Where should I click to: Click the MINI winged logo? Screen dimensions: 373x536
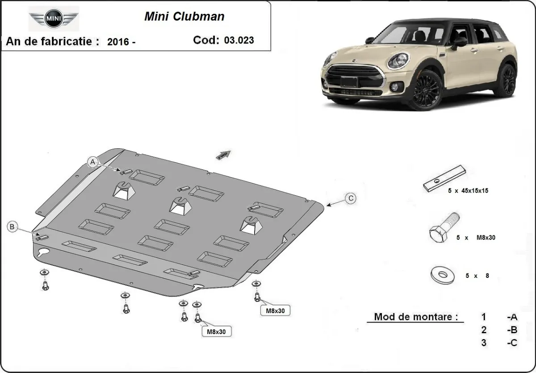54,20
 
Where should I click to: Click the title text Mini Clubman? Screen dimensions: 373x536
184,17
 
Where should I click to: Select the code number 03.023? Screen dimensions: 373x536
239,40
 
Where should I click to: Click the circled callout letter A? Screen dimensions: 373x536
93,162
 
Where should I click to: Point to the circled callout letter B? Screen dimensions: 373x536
13,227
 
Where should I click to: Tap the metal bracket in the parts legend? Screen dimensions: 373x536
445,178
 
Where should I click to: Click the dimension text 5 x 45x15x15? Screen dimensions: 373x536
468,191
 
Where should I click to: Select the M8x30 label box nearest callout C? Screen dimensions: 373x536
275,310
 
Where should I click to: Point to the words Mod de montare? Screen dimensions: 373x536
416,317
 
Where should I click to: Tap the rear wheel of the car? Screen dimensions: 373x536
507,80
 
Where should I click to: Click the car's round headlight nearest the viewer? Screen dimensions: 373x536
398,61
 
